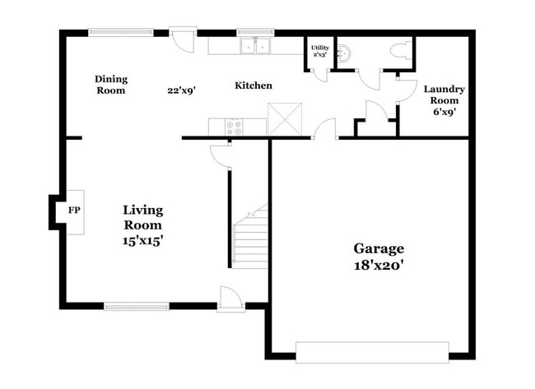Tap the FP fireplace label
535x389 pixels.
74,211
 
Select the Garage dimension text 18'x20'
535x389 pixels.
379,266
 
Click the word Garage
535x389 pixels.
379,248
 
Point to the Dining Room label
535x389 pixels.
110,85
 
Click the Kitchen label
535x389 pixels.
254,86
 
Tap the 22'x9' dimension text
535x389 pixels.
181,90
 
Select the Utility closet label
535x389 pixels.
319,52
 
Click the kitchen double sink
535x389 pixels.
257,45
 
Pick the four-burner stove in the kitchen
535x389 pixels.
235,127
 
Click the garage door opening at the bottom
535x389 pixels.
372,352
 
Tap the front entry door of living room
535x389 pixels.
230,300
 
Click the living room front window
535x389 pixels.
136,307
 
